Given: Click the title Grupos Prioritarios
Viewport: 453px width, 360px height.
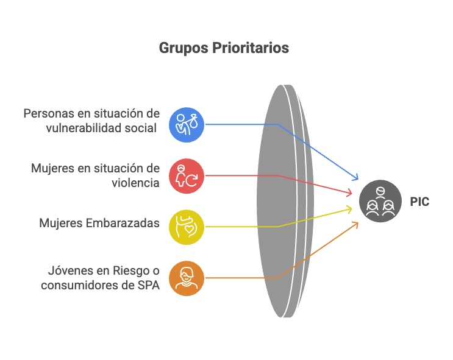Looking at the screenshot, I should [224, 48].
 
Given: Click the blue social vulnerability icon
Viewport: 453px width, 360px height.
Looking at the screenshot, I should [186, 124].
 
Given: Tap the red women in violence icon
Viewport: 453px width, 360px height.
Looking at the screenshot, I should [186, 175].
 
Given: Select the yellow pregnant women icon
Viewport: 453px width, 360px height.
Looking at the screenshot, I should [186, 227].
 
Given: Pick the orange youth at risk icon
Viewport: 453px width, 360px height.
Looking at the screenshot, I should [186, 278].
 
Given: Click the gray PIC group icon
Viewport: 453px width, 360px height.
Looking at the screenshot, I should [379, 201].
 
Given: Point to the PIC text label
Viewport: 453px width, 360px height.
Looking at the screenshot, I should [419, 202].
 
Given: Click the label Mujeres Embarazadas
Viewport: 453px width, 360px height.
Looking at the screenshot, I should [99, 224].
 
